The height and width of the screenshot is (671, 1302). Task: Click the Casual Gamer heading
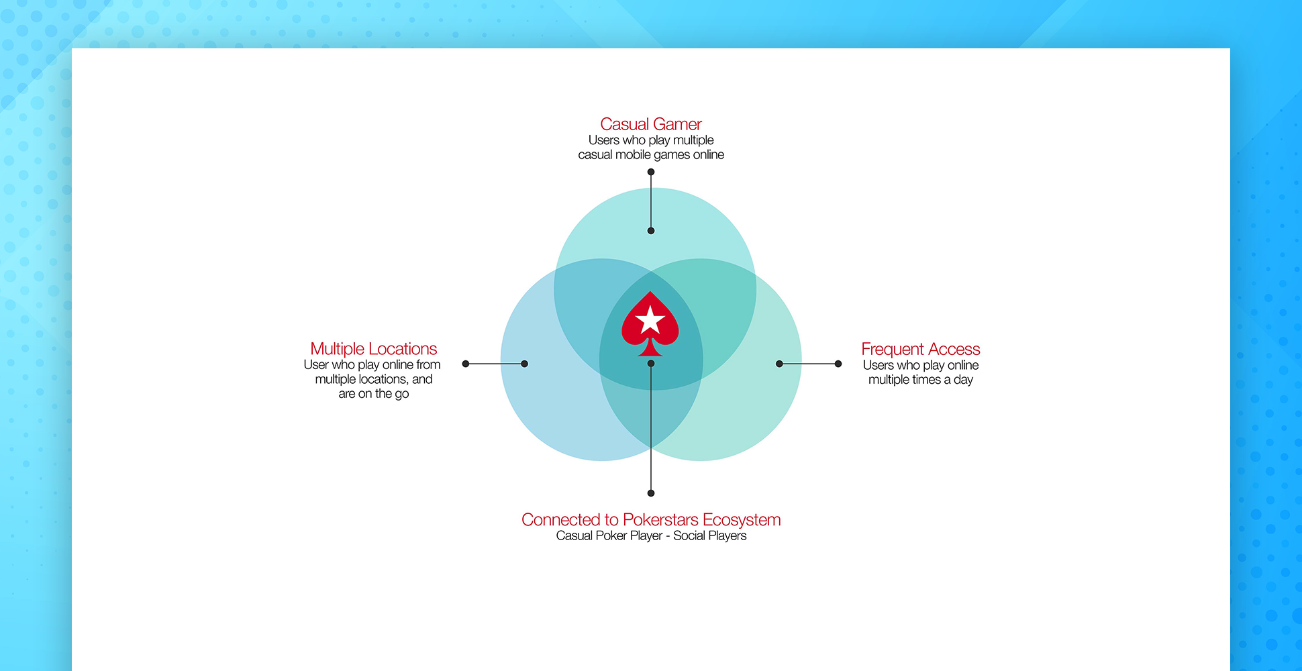[x=650, y=124]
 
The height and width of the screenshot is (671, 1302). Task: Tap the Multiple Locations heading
[x=373, y=349]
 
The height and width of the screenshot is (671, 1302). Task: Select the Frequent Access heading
[x=920, y=349]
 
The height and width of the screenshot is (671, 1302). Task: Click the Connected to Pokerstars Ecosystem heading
[x=651, y=519]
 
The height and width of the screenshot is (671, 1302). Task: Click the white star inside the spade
[x=650, y=320]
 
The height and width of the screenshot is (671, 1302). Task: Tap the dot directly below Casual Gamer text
[x=651, y=172]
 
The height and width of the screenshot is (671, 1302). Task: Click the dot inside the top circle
[x=651, y=231]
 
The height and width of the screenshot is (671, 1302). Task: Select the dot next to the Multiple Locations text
[x=466, y=364]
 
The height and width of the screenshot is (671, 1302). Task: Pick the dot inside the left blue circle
[x=525, y=364]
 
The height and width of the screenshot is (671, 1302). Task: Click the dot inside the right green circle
[x=779, y=364]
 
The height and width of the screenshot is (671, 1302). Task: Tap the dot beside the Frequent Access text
[x=838, y=364]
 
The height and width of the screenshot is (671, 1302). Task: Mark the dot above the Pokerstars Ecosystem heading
[x=651, y=493]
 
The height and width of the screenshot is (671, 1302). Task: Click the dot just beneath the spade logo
[x=651, y=364]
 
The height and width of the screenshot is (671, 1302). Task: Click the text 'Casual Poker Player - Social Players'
[x=651, y=535]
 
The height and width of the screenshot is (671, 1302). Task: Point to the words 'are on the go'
[x=373, y=394]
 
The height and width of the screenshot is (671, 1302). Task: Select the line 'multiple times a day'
[x=920, y=380]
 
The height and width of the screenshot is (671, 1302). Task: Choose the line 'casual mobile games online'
[x=651, y=155]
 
